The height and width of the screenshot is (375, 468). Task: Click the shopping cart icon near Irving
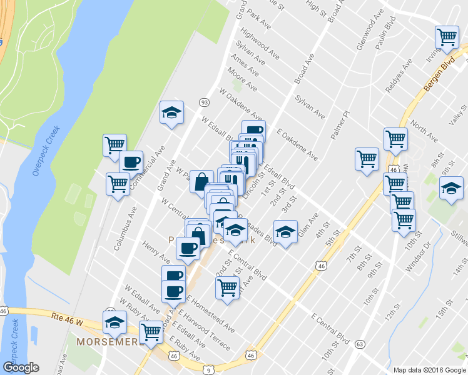tap(447, 37)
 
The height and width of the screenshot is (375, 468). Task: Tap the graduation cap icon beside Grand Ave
tap(171, 112)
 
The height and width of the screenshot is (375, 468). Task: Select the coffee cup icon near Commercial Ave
tap(131, 162)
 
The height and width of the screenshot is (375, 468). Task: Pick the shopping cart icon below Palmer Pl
tap(367, 158)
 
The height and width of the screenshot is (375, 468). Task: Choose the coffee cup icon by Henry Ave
tap(188, 249)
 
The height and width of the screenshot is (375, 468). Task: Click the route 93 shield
tap(204, 102)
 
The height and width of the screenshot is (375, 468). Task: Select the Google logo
tap(21, 367)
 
